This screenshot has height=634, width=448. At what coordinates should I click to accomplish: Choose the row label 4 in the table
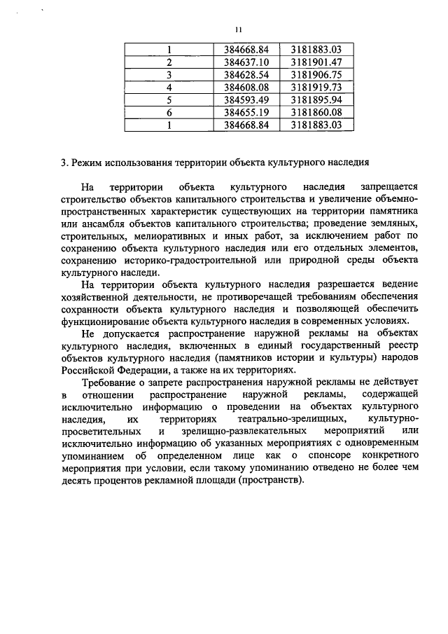169,87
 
